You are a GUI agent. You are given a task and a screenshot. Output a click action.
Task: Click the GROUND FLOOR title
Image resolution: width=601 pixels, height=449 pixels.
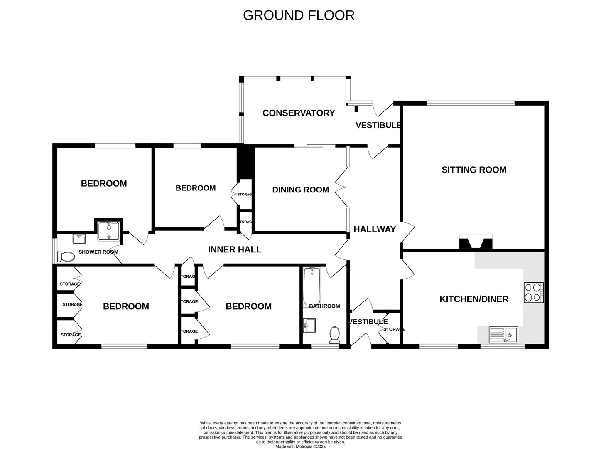pos(299,15)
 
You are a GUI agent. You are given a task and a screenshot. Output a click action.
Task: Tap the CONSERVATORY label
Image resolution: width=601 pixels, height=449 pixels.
pos(299,113)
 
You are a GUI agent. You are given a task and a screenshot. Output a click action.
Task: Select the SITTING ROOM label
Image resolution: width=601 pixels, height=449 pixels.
pos(473,170)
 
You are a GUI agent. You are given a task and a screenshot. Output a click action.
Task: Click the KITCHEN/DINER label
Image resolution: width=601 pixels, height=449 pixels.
pos(473,299)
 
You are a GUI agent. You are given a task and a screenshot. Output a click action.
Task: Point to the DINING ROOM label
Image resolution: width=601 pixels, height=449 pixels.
pos(300,190)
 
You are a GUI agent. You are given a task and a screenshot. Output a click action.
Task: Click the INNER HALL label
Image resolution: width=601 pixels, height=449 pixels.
pos(235,249)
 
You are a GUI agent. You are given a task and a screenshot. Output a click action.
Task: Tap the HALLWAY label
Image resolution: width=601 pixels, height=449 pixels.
pos(375,229)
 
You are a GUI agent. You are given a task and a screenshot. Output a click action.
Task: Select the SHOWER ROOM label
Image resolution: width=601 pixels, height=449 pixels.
pos(98,252)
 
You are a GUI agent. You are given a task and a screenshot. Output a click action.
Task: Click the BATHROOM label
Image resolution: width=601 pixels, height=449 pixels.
pos(324,306)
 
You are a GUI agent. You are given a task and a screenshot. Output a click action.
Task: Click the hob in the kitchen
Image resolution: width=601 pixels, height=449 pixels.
pos(534,293)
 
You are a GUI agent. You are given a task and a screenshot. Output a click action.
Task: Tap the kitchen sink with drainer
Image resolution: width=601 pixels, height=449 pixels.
pos(503,335)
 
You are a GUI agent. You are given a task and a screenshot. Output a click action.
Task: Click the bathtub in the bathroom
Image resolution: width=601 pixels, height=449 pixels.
pos(312,287)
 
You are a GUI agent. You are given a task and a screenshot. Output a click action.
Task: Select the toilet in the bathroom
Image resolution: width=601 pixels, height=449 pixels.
pos(335,335)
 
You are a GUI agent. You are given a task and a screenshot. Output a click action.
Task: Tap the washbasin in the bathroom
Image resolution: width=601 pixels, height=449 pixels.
pos(309,326)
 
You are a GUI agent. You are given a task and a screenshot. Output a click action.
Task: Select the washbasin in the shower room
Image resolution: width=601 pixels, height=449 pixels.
pos(79,239)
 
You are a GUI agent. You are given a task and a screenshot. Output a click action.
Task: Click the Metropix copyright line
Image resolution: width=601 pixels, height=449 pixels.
pos(301,446)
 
